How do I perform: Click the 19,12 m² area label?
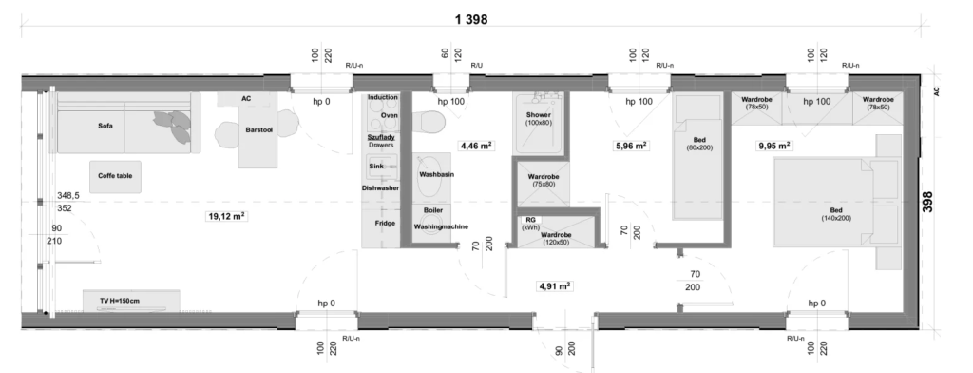[x=226, y=216]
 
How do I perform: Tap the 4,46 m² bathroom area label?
[x=475, y=147]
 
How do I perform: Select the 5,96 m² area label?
[x=631, y=147]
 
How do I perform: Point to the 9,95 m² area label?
[x=774, y=147]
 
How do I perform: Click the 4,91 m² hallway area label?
[x=554, y=286]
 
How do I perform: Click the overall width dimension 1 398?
[x=471, y=19]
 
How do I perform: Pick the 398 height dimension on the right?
[x=927, y=202]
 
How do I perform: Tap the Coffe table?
[x=115, y=176]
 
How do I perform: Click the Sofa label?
[x=105, y=126]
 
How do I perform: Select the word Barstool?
[x=259, y=130]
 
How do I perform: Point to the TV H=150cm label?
[x=120, y=301]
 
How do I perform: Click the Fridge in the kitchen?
[x=385, y=224]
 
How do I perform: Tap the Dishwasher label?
[x=380, y=187]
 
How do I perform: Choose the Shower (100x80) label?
[x=539, y=119]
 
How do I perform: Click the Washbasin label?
[x=436, y=175]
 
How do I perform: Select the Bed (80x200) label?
[x=699, y=144]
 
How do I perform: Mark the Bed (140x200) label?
[x=836, y=214]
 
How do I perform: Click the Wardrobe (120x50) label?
[x=555, y=239]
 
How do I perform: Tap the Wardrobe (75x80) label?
[x=544, y=180]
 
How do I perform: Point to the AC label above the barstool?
[x=246, y=99]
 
